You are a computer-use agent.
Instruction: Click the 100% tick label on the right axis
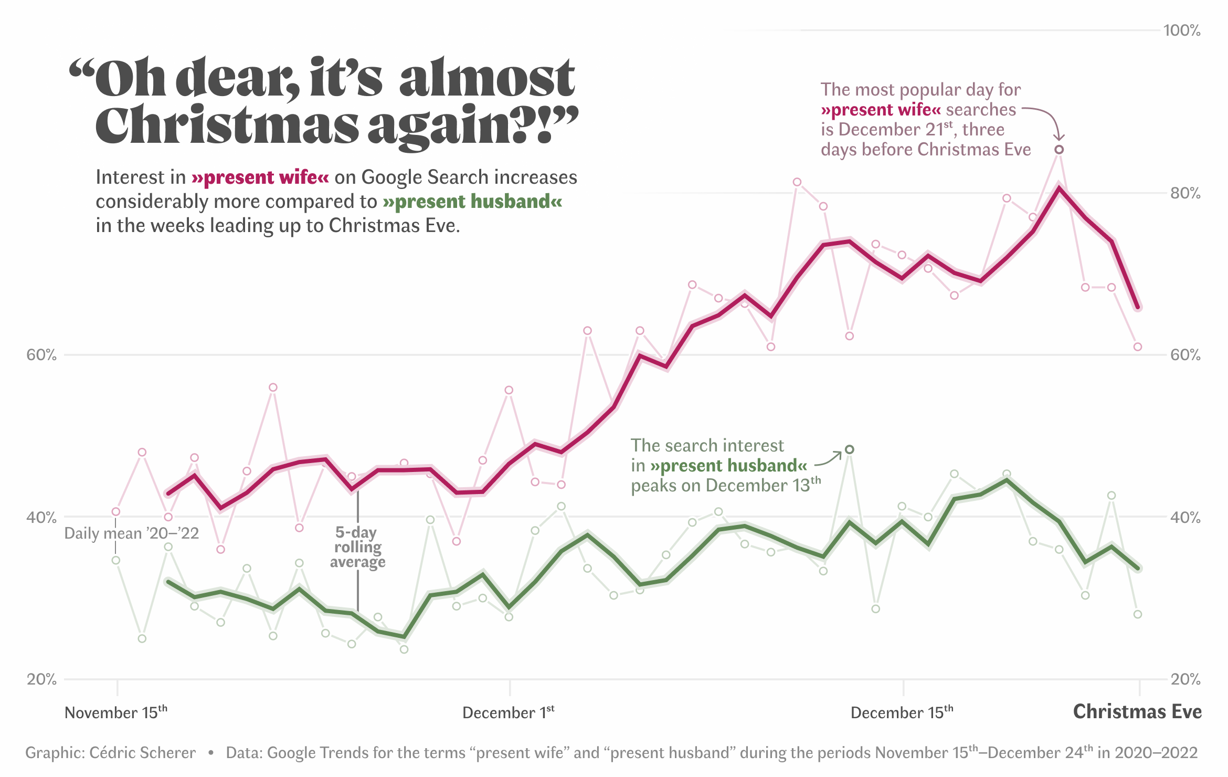pyautogui.click(x=1181, y=30)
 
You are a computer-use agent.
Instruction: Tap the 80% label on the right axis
pyautogui.click(x=1185, y=193)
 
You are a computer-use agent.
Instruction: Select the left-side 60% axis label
pyautogui.click(x=41, y=355)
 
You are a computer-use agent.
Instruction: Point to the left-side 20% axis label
pyautogui.click(x=41, y=679)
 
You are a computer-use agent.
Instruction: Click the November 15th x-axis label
pyautogui.click(x=115, y=712)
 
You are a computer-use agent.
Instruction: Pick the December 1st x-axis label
pyautogui.click(x=508, y=712)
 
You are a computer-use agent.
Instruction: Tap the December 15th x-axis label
pyautogui.click(x=902, y=712)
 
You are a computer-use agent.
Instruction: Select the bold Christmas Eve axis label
pyautogui.click(x=1137, y=712)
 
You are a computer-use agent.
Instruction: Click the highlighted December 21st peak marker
pyautogui.click(x=1059, y=150)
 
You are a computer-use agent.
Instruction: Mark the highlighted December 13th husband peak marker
pyautogui.click(x=850, y=449)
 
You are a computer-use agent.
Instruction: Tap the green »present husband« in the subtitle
pyautogui.click(x=472, y=202)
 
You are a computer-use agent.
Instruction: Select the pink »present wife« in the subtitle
pyautogui.click(x=260, y=177)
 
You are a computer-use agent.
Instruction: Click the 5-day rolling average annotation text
pyautogui.click(x=358, y=547)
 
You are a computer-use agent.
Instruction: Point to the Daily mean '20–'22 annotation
pyautogui.click(x=131, y=533)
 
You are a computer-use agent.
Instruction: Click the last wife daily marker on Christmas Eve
pyautogui.click(x=1138, y=347)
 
